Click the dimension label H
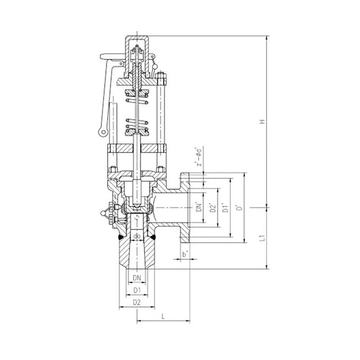click(x=262, y=121)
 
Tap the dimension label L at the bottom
click(x=163, y=317)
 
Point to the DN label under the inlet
click(x=137, y=278)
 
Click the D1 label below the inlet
click(x=137, y=290)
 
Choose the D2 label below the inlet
click(x=137, y=302)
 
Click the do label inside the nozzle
click(x=137, y=236)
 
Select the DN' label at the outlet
click(x=199, y=207)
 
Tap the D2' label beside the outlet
click(x=213, y=207)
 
